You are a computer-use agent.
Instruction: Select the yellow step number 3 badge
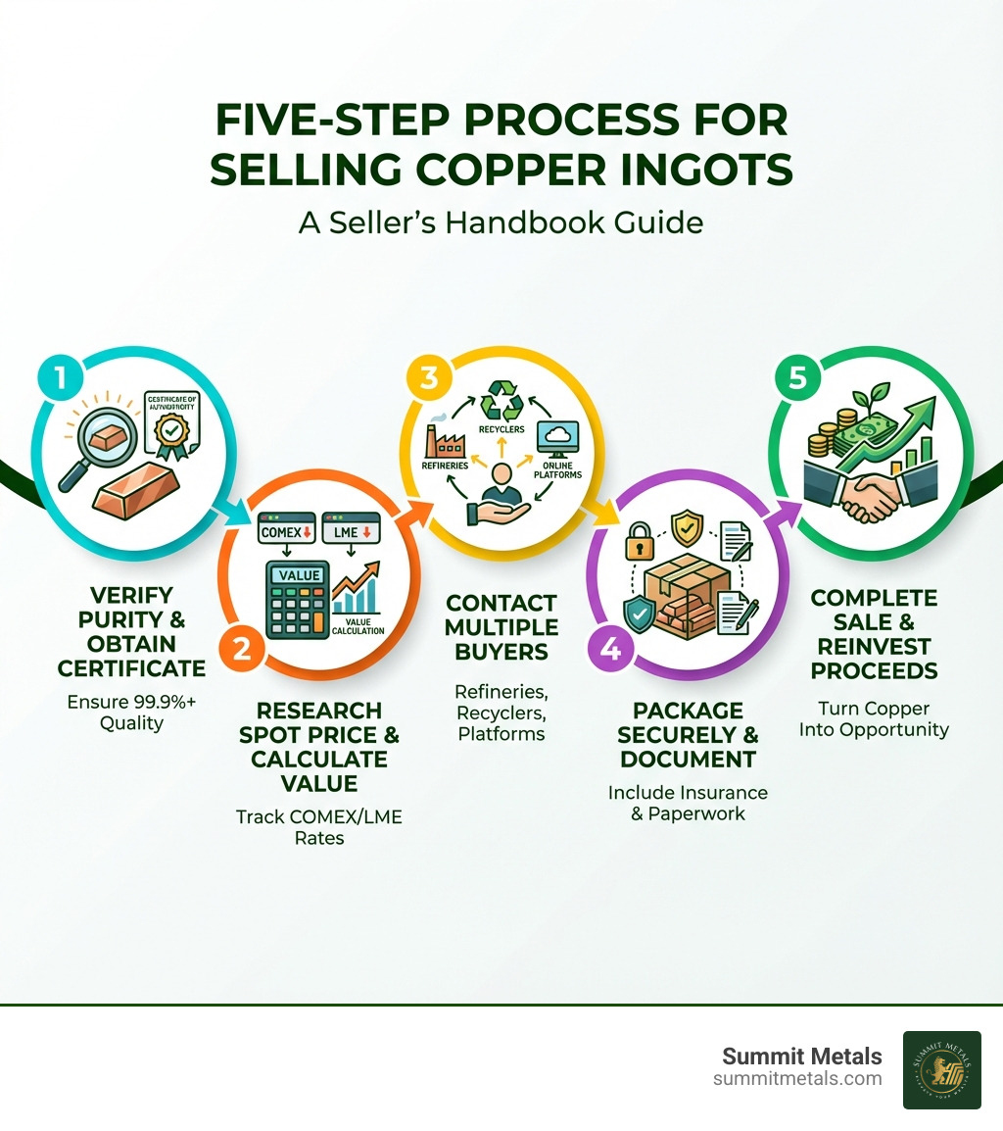tap(427, 378)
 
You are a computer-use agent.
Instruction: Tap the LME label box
tap(349, 531)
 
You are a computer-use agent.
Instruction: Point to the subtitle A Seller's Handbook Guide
tap(501, 222)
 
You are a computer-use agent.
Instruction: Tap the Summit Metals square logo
tap(941, 1069)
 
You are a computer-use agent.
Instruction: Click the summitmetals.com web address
tap(797, 1079)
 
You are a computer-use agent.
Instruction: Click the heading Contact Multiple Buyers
tap(501, 627)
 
